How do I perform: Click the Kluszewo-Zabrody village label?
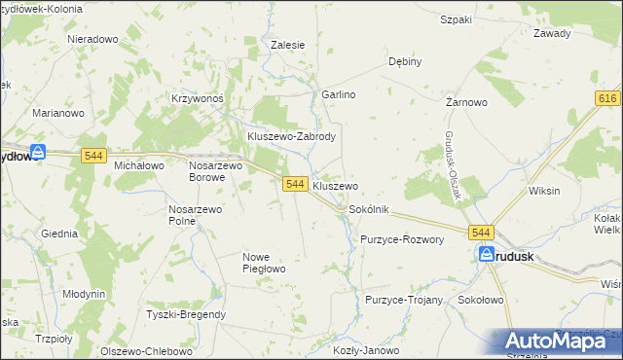[x=291, y=137]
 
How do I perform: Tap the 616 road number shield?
[x=608, y=99]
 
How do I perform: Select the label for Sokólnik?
[x=369, y=209]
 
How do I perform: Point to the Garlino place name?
[x=339, y=94]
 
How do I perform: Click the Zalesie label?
[x=288, y=45]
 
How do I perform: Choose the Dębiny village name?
[x=405, y=61]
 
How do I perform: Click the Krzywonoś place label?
[x=198, y=98]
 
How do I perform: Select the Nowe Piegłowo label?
[x=263, y=263]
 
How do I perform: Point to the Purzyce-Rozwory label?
[x=402, y=239]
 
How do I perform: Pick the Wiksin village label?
[x=543, y=191]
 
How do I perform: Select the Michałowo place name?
[x=139, y=166]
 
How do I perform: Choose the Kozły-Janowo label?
[x=366, y=350]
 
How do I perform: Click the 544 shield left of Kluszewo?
[x=296, y=184]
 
